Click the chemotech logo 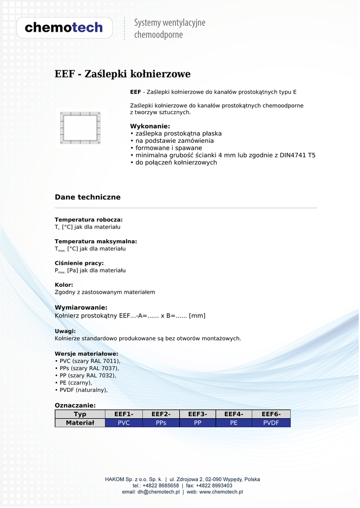[x=64, y=28]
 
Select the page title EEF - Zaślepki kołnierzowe [x=122, y=74]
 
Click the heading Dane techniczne [x=87, y=197]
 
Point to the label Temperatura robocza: [x=88, y=220]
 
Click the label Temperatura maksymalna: [x=95, y=242]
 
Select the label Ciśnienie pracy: [x=79, y=263]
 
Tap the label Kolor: [x=64, y=285]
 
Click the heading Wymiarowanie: [x=81, y=308]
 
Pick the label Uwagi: [x=65, y=331]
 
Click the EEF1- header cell [x=124, y=414]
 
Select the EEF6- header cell [x=271, y=414]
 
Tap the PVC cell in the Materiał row [x=124, y=423]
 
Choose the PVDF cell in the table [x=271, y=423]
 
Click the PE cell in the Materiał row [x=234, y=423]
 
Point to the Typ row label [x=80, y=414]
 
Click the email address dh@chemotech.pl [x=158, y=492]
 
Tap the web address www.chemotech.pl [x=221, y=492]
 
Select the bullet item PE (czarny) [x=75, y=383]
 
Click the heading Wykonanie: [x=150, y=126]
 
